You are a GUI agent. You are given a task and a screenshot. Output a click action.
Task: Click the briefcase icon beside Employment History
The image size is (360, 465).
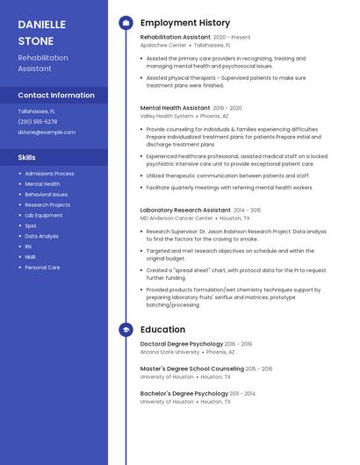[x=126, y=23]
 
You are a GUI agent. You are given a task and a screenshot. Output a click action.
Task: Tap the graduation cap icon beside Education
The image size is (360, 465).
[x=126, y=330]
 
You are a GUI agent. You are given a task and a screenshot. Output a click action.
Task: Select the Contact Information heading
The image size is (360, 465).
[x=56, y=95]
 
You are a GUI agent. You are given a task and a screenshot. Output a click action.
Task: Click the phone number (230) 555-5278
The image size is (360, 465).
[x=43, y=122]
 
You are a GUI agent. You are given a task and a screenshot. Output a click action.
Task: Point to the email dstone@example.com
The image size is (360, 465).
[x=47, y=132]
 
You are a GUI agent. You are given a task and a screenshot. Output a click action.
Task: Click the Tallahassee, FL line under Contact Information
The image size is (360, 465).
[x=37, y=111]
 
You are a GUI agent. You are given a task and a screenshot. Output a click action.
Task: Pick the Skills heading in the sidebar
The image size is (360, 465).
[x=27, y=157]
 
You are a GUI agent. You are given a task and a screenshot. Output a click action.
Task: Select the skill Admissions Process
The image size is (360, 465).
[x=49, y=174]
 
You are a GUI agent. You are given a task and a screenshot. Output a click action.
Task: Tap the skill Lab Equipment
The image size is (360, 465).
[x=44, y=215]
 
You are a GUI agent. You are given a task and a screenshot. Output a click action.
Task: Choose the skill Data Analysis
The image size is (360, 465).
[x=42, y=236]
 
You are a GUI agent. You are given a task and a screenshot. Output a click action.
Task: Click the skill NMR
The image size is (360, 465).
[x=30, y=257]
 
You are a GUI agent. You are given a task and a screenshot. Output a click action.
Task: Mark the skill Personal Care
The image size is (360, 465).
[x=42, y=268]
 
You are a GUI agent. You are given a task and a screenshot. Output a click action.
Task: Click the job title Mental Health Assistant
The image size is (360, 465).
[x=175, y=108]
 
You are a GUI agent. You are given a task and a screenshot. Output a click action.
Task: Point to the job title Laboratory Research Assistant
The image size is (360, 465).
[x=185, y=211]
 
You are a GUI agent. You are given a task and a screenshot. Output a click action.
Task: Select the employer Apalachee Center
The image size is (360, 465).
[x=163, y=45]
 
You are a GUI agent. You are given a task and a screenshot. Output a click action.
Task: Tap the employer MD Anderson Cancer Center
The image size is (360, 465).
[x=176, y=218]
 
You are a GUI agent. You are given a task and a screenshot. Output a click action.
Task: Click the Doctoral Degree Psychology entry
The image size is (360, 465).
[x=182, y=344]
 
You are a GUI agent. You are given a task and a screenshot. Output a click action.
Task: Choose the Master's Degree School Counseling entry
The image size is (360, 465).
[x=192, y=368]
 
